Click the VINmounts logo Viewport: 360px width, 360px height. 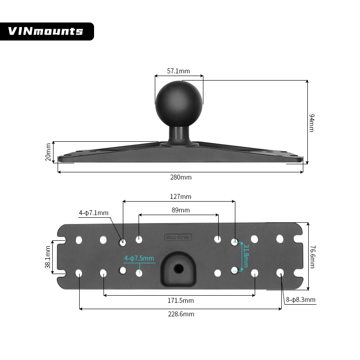[x=46, y=31]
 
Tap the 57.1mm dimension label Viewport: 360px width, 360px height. [x=179, y=71]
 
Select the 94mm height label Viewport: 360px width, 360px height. [x=311, y=122]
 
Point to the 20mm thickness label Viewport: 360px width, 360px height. [x=49, y=153]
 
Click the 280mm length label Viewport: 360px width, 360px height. [x=180, y=177]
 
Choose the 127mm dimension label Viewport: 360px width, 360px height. [x=180, y=197]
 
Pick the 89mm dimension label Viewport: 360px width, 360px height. [x=180, y=210]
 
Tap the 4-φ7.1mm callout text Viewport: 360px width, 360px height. [x=94, y=212]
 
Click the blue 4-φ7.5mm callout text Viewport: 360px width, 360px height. [x=139, y=258]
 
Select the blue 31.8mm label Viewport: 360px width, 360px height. [x=246, y=256]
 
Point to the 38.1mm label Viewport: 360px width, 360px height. [x=48, y=257]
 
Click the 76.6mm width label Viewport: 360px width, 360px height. [x=312, y=256]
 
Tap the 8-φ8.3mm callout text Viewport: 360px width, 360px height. [x=301, y=300]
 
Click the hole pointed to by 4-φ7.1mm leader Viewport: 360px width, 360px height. [x=122, y=243]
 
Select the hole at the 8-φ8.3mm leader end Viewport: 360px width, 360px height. [x=280, y=272]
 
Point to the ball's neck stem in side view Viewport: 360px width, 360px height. [x=179, y=134]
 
